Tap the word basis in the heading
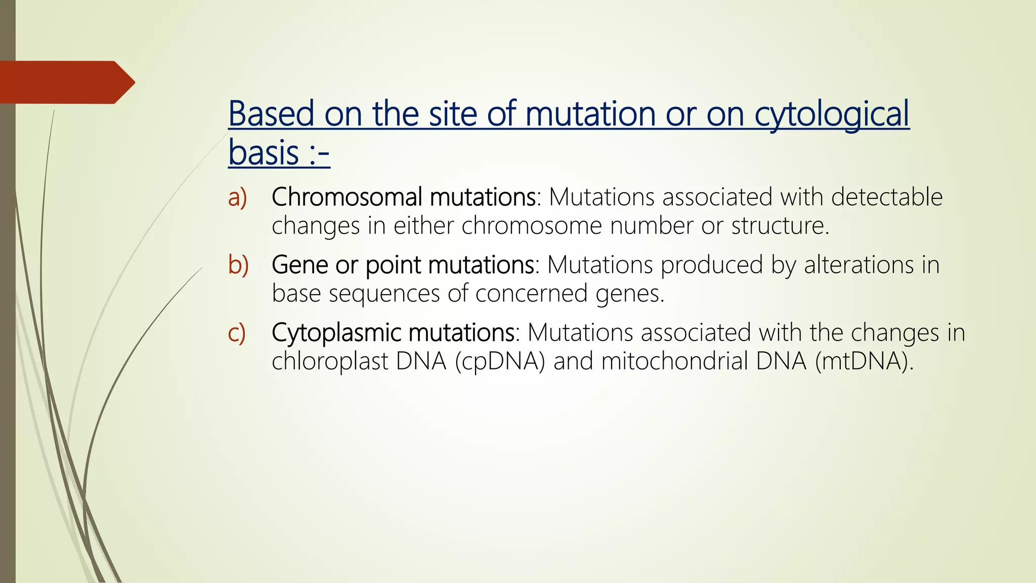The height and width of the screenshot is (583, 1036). [264, 153]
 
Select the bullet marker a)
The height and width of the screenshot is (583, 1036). [237, 197]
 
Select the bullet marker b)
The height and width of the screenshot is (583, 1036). [238, 265]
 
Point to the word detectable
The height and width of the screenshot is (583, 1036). [886, 197]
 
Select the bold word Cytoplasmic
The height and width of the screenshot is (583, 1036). [336, 333]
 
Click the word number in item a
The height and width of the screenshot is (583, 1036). [651, 226]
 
